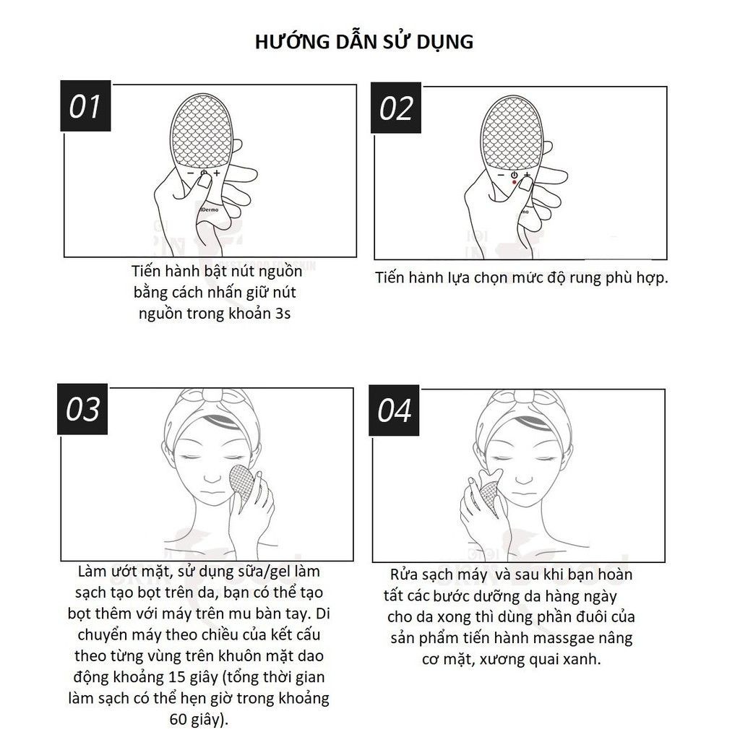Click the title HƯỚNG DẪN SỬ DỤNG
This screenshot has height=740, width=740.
[x=364, y=41]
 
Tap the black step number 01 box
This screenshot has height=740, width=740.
[x=85, y=108]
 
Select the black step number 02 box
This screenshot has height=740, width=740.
[x=397, y=108]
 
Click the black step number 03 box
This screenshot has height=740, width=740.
[x=83, y=410]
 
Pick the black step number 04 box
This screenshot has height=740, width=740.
[x=395, y=410]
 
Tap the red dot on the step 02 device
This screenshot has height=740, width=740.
[x=514, y=183]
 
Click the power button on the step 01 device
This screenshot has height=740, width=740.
[x=203, y=174]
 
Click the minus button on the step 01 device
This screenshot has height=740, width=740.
[x=189, y=174]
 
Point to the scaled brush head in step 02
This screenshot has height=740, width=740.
[x=514, y=132]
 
